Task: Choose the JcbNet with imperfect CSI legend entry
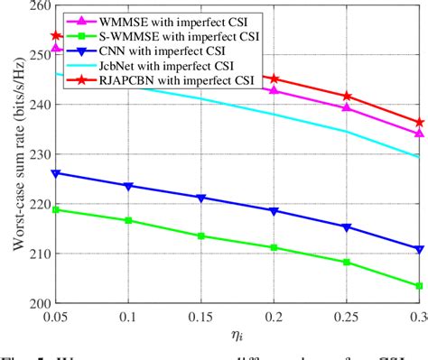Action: click(167, 70)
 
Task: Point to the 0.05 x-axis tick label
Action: click(57, 318)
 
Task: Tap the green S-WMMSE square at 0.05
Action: click(57, 209)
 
